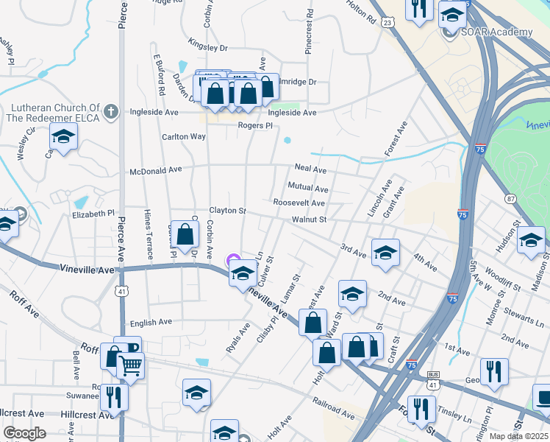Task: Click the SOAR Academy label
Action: point(496,32)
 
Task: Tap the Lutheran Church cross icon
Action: point(110,112)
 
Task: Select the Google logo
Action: point(24,432)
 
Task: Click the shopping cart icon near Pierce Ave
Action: point(130,365)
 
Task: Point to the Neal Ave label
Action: point(310,169)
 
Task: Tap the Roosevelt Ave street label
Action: point(299,203)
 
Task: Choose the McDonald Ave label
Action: point(155,169)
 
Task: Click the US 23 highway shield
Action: point(387,23)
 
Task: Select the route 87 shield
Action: point(510,198)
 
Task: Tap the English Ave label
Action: point(150,322)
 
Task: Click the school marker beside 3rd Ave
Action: point(385,253)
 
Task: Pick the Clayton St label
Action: point(227,211)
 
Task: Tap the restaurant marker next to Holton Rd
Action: point(419,9)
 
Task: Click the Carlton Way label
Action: point(184,136)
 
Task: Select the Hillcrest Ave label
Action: point(24,414)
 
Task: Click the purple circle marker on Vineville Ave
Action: point(233,259)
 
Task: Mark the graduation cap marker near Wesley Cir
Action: point(63,136)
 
